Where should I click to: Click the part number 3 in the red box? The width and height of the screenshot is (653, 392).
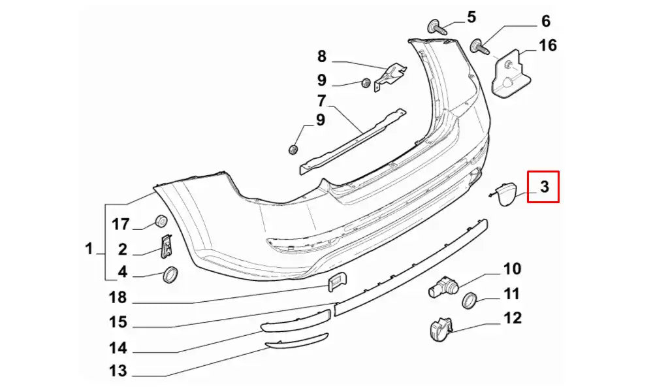tap(544, 187)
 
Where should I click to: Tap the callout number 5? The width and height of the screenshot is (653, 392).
tap(471, 17)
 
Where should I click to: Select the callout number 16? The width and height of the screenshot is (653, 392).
tap(547, 45)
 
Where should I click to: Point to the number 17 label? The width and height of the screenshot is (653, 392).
tap(121, 225)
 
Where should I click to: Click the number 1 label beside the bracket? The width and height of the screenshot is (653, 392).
tap(89, 248)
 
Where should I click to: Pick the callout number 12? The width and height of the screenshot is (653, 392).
tap(513, 318)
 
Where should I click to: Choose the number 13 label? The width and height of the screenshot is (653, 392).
tap(118, 371)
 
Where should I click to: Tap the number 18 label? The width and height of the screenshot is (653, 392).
tap(118, 298)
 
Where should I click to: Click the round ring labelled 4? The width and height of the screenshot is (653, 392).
tap(170, 276)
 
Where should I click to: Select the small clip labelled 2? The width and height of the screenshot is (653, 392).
tap(167, 246)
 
